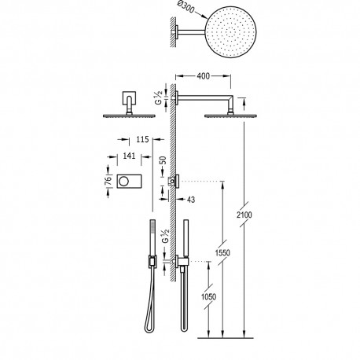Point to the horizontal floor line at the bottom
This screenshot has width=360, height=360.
(x=244, y=342)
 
